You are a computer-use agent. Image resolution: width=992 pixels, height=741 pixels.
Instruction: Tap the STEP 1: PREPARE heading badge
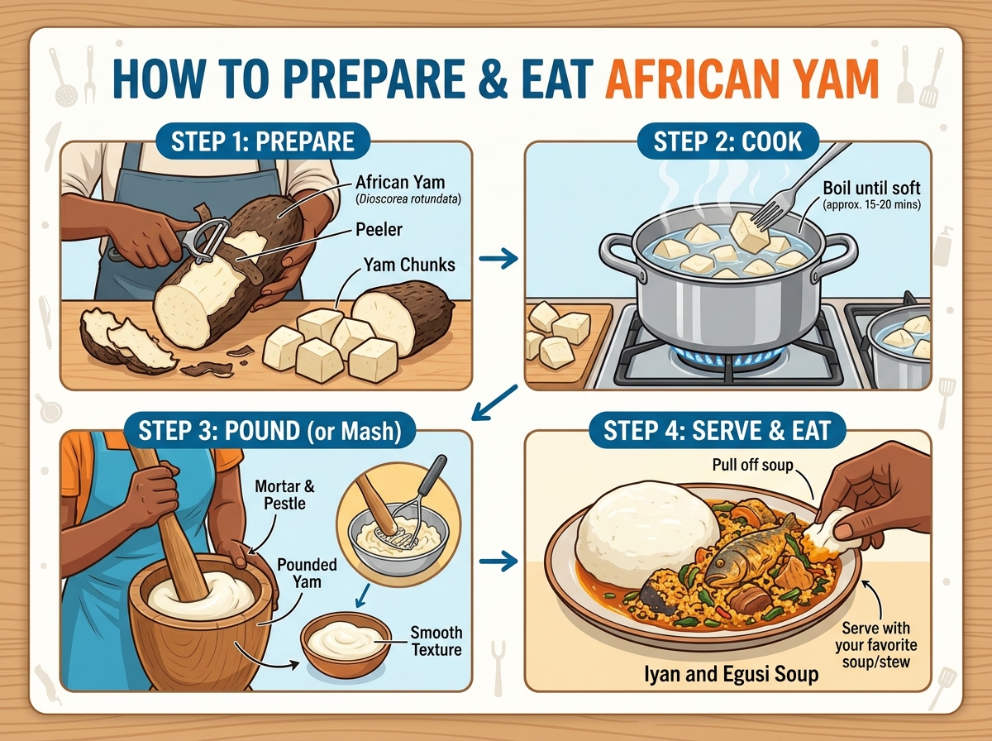point(263,141)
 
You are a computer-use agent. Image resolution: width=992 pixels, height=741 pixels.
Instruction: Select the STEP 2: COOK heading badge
point(727,141)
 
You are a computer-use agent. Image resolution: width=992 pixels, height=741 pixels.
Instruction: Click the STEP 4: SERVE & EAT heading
point(718,429)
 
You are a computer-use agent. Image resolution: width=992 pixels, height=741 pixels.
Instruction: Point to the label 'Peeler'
point(379,230)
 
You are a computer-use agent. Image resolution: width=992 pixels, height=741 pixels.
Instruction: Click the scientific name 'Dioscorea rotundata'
point(408,199)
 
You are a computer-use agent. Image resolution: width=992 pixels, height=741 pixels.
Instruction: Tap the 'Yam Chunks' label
point(409,265)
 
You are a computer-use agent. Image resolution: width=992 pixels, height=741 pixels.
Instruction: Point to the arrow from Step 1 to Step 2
point(498,259)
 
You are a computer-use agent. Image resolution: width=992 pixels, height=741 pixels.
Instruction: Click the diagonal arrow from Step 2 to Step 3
point(494,403)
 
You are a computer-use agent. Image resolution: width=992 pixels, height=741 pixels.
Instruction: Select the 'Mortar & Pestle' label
point(284,495)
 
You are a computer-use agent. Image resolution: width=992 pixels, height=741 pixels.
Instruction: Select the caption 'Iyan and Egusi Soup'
point(731,674)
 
